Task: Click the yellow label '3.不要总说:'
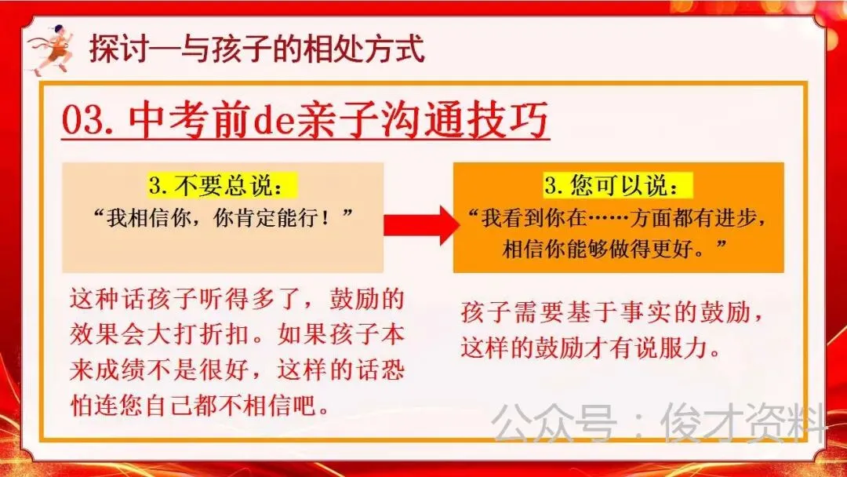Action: tap(224, 186)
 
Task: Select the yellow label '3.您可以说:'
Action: tap(619, 186)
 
